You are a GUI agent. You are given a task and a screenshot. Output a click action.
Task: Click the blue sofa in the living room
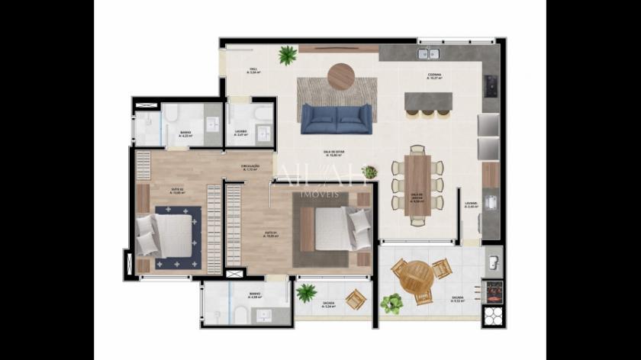336,119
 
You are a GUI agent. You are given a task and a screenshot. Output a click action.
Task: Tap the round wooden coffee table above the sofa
340,76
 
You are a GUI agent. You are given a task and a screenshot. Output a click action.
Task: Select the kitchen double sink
429,53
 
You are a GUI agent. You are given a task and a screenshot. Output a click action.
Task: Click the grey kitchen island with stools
427,101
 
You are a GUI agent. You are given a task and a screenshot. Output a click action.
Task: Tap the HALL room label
253,69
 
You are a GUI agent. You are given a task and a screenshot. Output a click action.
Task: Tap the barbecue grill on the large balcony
494,291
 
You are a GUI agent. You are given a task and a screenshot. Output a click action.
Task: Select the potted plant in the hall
288,55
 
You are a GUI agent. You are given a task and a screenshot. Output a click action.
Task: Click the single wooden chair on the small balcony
354,299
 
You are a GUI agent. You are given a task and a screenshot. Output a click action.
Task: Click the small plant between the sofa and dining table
369,172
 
